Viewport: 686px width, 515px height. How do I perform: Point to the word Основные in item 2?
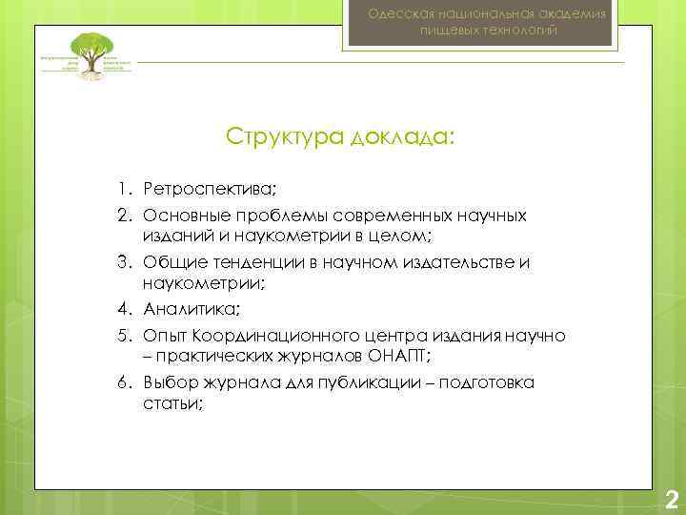coord(181,216)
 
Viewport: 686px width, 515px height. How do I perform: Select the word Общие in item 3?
coord(168,260)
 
